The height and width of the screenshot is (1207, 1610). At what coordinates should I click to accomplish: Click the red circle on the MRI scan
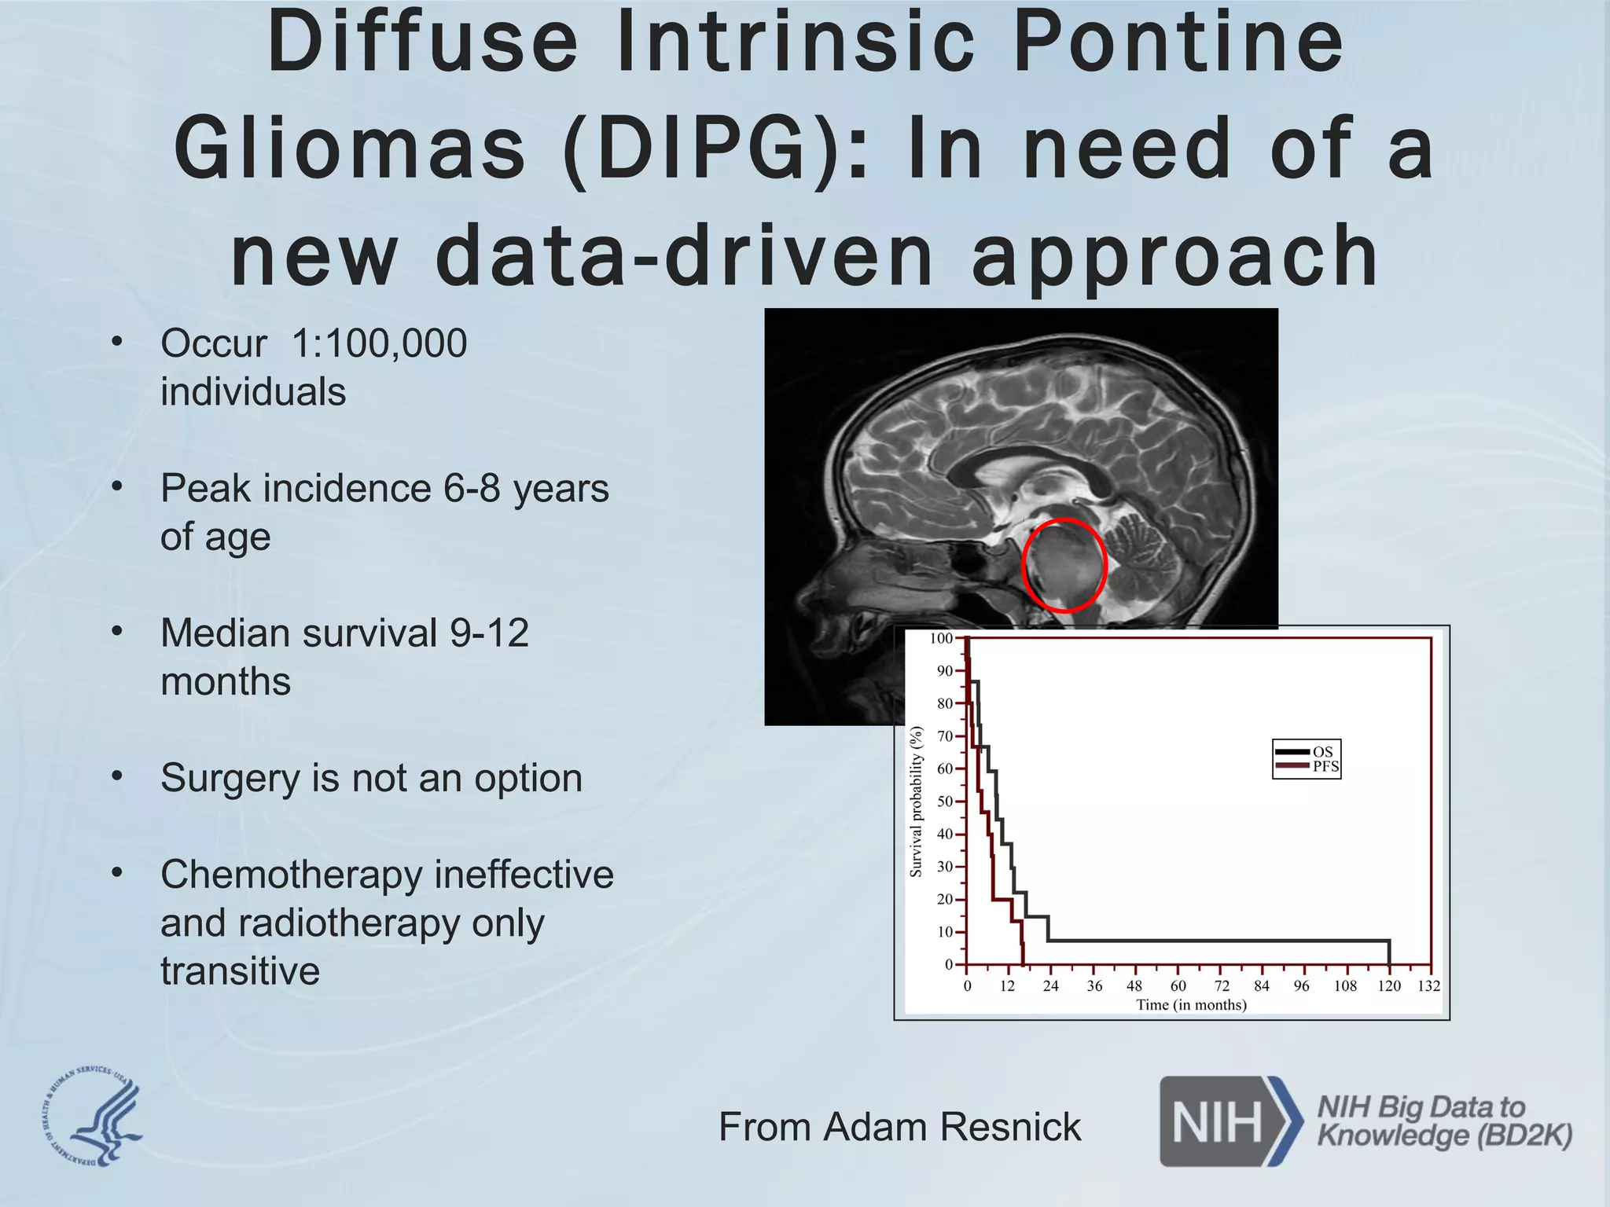click(x=1064, y=566)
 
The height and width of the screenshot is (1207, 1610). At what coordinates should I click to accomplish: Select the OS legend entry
click(x=1322, y=752)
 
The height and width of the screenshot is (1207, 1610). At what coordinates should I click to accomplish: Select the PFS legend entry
click(x=1325, y=766)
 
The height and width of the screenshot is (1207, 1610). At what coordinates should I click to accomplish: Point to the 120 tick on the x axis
click(x=1389, y=985)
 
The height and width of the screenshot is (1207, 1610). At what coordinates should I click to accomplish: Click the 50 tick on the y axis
click(x=945, y=802)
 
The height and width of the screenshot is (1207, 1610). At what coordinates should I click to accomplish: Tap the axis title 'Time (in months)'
click(x=1191, y=1005)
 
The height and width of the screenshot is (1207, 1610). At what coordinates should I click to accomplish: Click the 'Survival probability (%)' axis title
click(x=916, y=802)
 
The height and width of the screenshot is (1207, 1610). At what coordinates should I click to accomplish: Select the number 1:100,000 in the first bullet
click(x=379, y=343)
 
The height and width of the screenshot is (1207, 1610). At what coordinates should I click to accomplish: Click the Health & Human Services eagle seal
click(x=93, y=1117)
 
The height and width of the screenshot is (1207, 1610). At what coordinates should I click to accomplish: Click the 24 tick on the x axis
click(x=1051, y=985)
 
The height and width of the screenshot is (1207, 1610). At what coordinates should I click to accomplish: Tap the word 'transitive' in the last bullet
click(x=240, y=970)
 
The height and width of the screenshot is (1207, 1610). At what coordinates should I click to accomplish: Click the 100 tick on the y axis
click(x=941, y=638)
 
